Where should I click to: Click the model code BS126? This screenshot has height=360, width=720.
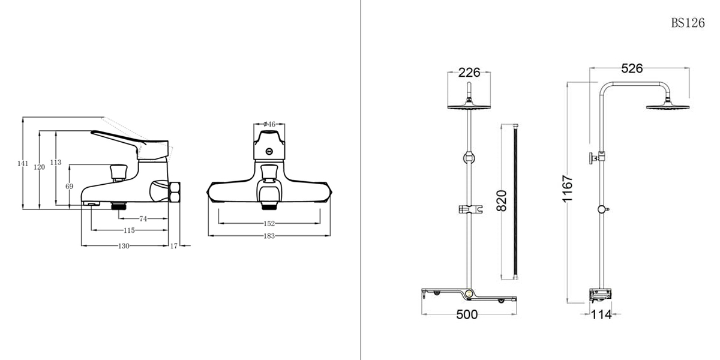688,23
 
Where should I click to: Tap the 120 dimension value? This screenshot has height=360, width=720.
40,167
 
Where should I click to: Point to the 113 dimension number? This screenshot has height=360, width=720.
56,163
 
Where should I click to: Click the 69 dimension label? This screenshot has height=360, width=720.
70,187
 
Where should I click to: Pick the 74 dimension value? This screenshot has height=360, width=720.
143,218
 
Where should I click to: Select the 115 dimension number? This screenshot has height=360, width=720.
129,231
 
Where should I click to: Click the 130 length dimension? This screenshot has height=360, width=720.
124,246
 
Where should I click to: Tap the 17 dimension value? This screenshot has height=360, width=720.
174,246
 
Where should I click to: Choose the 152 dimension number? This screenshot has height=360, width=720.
269,223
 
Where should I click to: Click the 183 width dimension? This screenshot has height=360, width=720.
269,236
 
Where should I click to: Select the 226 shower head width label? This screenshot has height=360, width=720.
469,73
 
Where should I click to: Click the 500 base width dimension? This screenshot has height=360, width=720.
467,314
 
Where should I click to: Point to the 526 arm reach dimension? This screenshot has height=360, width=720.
632,68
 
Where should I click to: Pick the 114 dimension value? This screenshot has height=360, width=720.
601,314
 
